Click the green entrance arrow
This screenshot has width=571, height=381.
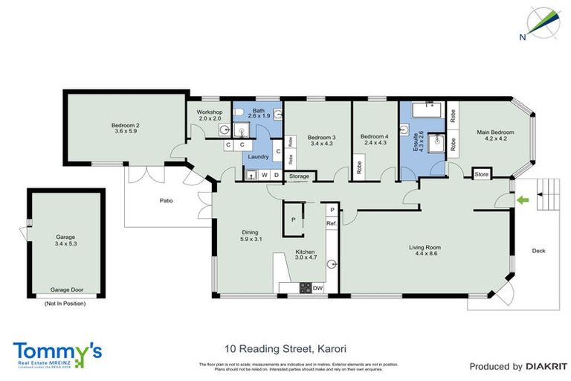[x=523, y=199]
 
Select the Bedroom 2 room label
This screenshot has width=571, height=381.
[x=126, y=126]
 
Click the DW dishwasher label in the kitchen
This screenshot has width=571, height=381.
[x=317, y=288]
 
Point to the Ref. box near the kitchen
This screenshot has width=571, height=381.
[x=332, y=223]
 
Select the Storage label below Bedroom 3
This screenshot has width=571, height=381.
[x=299, y=176]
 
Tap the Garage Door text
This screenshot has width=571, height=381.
[x=65, y=289]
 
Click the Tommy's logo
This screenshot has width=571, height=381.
[x=57, y=353]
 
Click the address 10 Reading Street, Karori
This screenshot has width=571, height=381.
[x=275, y=348]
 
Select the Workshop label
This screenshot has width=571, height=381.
[x=209, y=112]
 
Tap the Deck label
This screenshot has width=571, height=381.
[x=538, y=251]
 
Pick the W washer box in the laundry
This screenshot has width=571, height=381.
[x=264, y=176]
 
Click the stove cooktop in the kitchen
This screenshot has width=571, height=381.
[x=303, y=288]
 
